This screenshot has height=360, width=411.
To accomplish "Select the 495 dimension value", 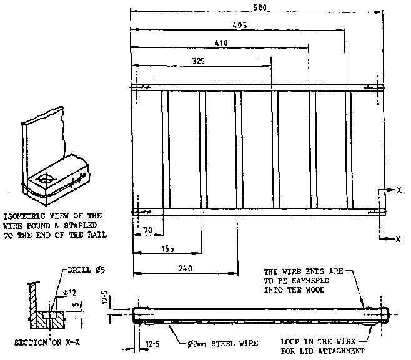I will [240, 26].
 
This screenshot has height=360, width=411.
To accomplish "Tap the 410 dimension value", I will [220, 43].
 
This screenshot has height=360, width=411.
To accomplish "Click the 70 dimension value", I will [147, 230].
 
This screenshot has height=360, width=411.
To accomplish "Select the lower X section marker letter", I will [398, 239].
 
